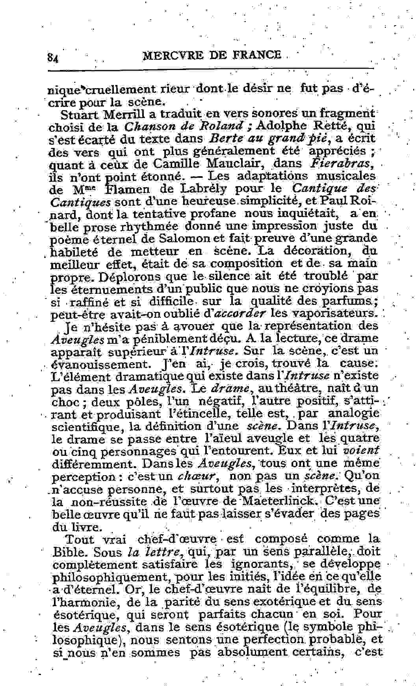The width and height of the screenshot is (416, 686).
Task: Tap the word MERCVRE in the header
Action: click(172, 55)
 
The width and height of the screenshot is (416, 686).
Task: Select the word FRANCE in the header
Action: click(257, 55)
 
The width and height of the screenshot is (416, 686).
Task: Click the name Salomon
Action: click(182, 238)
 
